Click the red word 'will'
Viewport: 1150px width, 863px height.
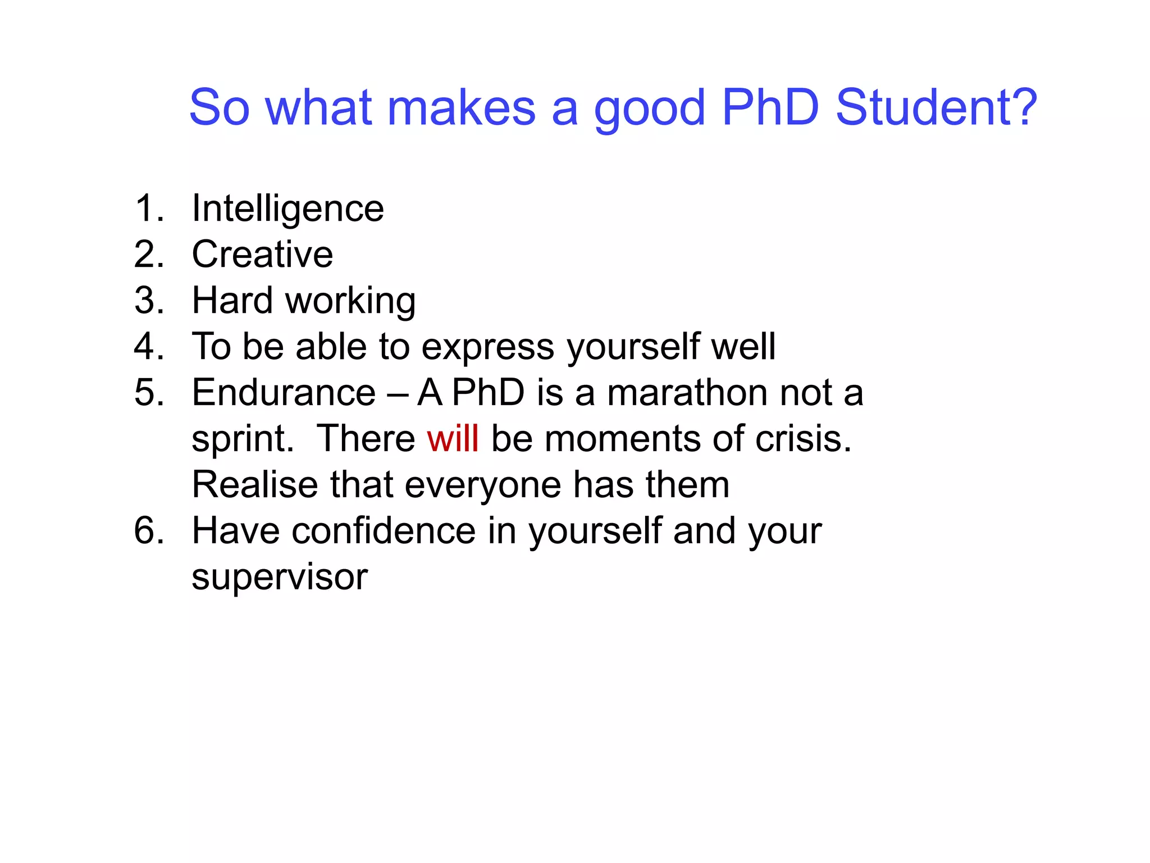(x=453, y=438)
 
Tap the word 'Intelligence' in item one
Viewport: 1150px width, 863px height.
(x=287, y=209)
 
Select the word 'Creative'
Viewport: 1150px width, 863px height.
(x=262, y=255)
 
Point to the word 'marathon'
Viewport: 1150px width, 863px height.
(x=687, y=392)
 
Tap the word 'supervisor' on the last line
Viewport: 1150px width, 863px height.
(x=279, y=577)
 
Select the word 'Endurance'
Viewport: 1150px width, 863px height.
(x=284, y=392)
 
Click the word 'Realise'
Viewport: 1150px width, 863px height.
(x=255, y=484)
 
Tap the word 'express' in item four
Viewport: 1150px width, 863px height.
(x=487, y=347)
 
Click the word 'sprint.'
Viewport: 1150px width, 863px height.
(x=243, y=439)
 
